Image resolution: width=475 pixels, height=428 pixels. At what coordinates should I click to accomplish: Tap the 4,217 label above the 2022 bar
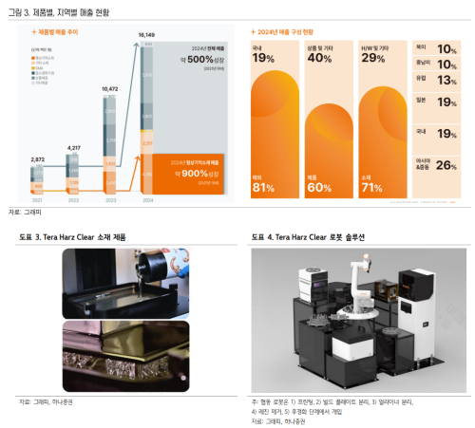[x=74, y=121]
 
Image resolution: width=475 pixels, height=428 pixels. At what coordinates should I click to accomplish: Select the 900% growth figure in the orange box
[x=198, y=174]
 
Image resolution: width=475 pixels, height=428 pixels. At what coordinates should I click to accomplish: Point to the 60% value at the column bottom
[x=319, y=186]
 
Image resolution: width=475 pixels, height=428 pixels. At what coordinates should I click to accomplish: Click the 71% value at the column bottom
[x=372, y=186]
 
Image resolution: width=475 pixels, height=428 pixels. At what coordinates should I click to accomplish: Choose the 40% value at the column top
[x=319, y=60]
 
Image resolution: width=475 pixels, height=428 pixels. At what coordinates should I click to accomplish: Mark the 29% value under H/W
[x=372, y=60]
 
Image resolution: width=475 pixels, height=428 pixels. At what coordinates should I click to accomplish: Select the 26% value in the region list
[x=446, y=166]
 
